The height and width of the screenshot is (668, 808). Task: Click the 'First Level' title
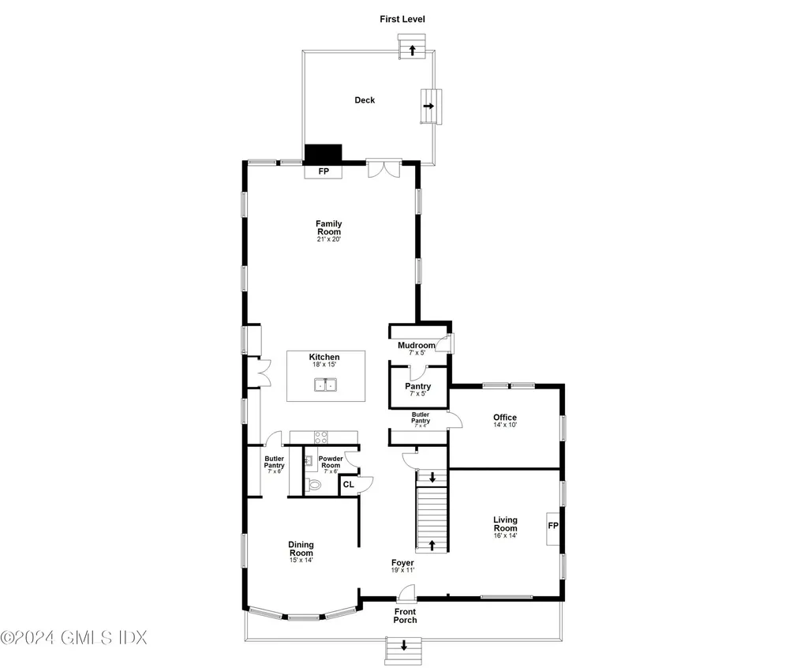pyautogui.click(x=402, y=19)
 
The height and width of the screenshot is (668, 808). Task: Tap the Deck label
pyautogui.click(x=365, y=100)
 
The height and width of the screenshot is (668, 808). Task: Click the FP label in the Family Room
pyautogui.click(x=324, y=171)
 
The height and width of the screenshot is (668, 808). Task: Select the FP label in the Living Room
pyautogui.click(x=553, y=526)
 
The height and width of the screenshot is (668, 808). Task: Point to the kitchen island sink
pyautogui.click(x=326, y=385)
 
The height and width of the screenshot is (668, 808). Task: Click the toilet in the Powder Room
pyautogui.click(x=312, y=485)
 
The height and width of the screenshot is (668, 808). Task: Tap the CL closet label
pyautogui.click(x=348, y=484)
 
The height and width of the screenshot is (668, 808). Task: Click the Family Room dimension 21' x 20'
pyautogui.click(x=329, y=239)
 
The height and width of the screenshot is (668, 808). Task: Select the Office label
pyautogui.click(x=505, y=418)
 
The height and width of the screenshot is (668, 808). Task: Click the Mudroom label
pyautogui.click(x=417, y=345)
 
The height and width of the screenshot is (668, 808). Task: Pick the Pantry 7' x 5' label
pyautogui.click(x=418, y=389)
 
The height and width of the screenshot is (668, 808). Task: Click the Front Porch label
pyautogui.click(x=405, y=616)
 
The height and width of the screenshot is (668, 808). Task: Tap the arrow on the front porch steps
pyautogui.click(x=404, y=645)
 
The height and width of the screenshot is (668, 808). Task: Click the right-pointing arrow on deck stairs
pyautogui.click(x=428, y=107)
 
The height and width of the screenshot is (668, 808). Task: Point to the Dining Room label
pyautogui.click(x=301, y=549)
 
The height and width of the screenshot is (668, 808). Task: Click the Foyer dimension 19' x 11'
pyautogui.click(x=403, y=570)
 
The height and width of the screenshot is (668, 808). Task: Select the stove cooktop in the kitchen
pyautogui.click(x=321, y=437)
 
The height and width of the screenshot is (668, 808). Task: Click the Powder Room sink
pyautogui.click(x=309, y=460)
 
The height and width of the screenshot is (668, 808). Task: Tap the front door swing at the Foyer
pyautogui.click(x=407, y=593)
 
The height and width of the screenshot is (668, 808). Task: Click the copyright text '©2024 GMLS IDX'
pyautogui.click(x=73, y=637)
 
